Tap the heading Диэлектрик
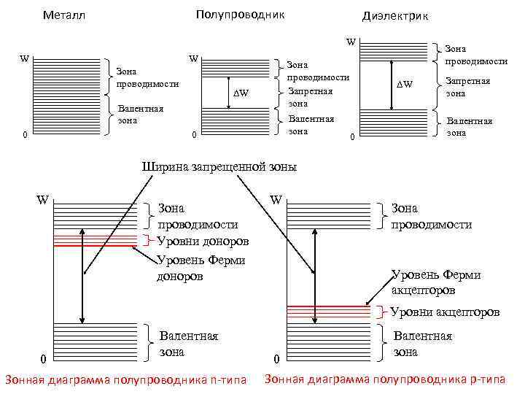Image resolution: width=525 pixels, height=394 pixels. coord(395,16)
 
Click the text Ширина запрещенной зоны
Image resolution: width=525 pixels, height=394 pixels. coord(218,166)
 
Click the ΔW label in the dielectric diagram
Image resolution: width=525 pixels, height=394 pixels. coord(404,85)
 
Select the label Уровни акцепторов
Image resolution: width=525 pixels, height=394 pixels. coord(445,312)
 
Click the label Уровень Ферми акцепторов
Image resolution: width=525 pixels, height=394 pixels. coord(436,282)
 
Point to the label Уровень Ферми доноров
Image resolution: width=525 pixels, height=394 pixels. coord(201,268)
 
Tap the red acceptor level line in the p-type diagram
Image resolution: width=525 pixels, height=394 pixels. coord(332,306)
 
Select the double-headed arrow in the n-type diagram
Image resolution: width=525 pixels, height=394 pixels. coord(84,274)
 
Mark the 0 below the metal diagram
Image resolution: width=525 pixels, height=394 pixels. coord(25,134)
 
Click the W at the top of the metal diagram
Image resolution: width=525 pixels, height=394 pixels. coord(25,59)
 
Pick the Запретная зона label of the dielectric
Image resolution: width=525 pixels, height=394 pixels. coord(467,88)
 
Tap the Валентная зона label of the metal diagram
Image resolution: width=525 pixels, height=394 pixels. coord(141,115)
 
